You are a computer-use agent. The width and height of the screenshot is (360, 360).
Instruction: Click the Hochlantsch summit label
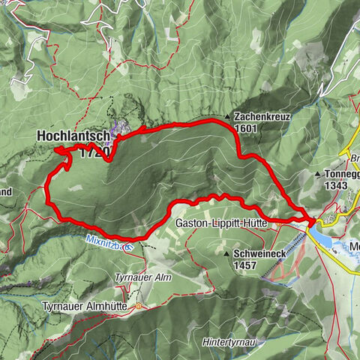click(73, 137)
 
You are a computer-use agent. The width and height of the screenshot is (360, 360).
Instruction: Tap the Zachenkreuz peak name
click(260, 118)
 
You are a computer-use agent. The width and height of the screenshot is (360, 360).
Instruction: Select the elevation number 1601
click(245, 129)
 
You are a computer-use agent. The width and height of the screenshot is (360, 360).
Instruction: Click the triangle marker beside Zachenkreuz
click(227, 118)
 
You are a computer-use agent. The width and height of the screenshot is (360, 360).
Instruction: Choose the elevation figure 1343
click(337, 184)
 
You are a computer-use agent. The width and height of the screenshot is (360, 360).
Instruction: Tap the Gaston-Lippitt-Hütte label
click(223, 223)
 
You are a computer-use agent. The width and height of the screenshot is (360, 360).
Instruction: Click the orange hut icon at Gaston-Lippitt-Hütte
click(275, 223)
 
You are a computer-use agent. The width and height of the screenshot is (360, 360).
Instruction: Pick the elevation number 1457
click(245, 265)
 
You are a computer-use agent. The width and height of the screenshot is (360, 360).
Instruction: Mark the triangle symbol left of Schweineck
click(226, 254)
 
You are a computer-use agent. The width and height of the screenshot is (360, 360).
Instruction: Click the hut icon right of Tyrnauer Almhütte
click(138, 306)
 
